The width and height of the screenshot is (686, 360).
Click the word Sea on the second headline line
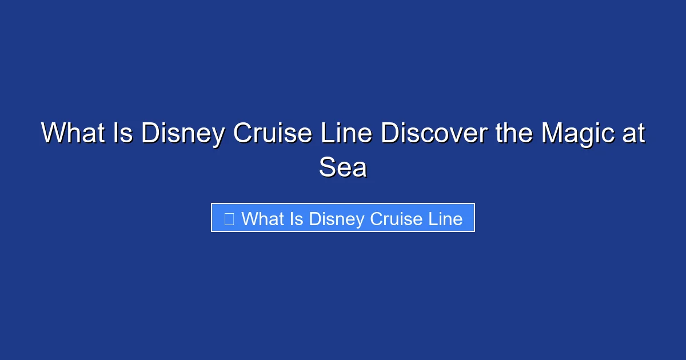pyautogui.click(x=342, y=167)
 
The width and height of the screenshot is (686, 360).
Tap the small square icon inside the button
pyautogui.click(x=229, y=218)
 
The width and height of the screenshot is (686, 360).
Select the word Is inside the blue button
pyautogui.click(x=296, y=218)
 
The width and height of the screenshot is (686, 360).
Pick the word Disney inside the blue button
pyautogui.click(x=337, y=219)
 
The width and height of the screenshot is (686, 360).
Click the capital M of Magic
pyautogui.click(x=553, y=134)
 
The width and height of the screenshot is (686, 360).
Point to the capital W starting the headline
pyautogui.click(x=54, y=134)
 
